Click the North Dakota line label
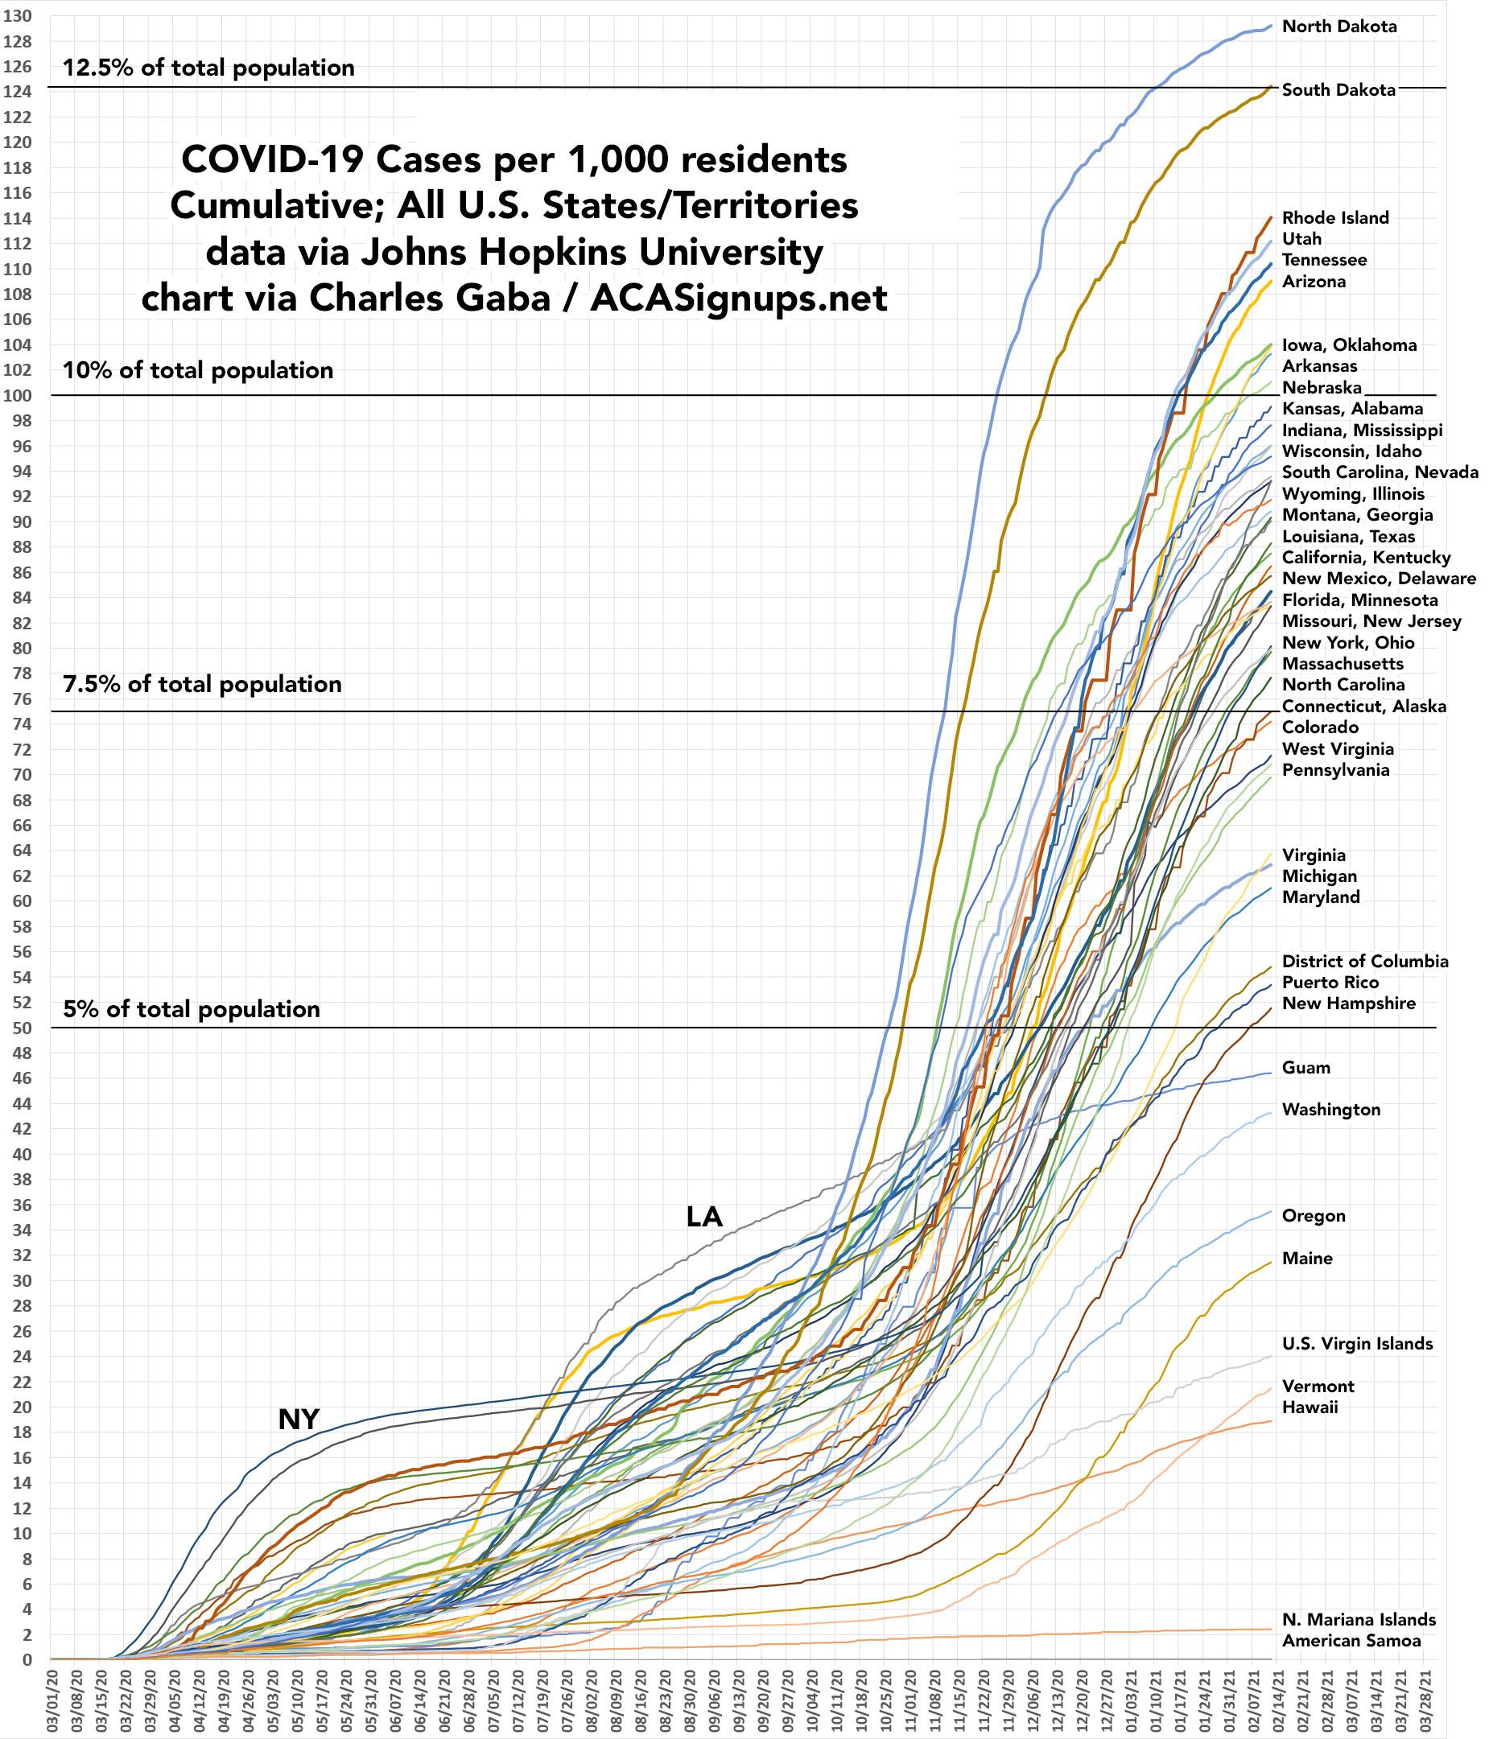(x=1338, y=27)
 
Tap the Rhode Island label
(x=1334, y=218)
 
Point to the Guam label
(x=1306, y=1068)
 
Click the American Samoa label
(x=1351, y=1641)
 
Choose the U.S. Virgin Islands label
(x=1357, y=1344)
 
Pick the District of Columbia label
(x=1365, y=961)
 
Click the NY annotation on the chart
(x=298, y=1420)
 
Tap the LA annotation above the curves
(x=703, y=1217)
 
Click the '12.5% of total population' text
(x=208, y=68)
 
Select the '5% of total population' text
(x=192, y=1009)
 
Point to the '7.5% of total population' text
(x=202, y=684)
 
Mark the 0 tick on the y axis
(x=27, y=1659)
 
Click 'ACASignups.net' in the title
(x=738, y=299)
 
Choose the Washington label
(x=1330, y=1110)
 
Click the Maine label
(x=1307, y=1258)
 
